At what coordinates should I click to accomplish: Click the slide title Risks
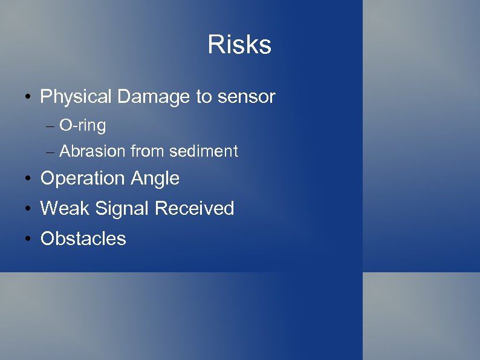tap(239, 45)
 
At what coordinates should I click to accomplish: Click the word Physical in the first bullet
tap(76, 97)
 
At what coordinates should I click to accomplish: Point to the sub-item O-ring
tap(83, 126)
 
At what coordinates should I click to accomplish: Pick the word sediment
tap(204, 151)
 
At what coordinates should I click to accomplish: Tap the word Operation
tap(80, 178)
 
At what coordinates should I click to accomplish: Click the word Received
tap(194, 209)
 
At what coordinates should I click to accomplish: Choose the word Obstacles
tap(83, 239)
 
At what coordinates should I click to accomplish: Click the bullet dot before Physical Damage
tap(28, 97)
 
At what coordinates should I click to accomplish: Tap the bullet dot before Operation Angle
tap(28, 179)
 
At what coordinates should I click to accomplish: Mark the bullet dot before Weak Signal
tap(28, 209)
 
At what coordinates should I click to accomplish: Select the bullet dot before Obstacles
tap(28, 240)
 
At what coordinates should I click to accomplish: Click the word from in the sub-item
tap(148, 151)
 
